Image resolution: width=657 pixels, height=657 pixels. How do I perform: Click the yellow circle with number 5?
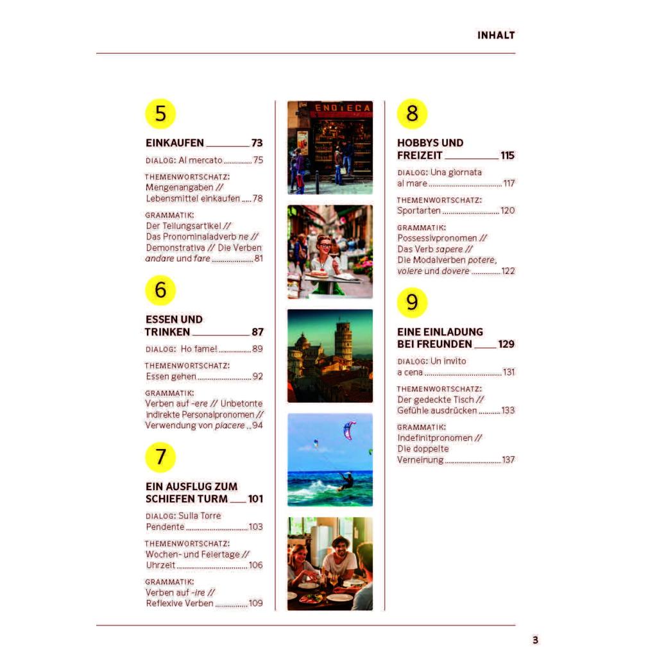pos(160,114)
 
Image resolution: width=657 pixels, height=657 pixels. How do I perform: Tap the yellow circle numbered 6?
pos(160,290)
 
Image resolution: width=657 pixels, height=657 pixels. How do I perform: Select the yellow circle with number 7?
pos(160,457)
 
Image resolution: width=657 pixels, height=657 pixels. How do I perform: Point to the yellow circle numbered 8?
pos(412,114)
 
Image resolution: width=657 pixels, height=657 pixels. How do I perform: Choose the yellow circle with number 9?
pos(412,302)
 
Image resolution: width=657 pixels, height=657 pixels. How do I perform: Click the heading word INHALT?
pos(496,35)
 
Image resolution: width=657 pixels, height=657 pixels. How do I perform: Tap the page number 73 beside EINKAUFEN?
pos(257,143)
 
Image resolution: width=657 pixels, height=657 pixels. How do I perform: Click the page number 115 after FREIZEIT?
pos(507,155)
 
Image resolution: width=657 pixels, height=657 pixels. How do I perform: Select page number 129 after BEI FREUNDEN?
pos(506,344)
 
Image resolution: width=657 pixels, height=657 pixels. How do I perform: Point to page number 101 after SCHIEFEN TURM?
pos(255,499)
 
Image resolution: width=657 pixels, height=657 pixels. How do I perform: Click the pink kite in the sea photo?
pos(349,429)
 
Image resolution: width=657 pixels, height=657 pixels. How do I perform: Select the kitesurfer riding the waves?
pos(346,480)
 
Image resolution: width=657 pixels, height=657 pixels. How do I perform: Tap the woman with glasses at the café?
pos(325,255)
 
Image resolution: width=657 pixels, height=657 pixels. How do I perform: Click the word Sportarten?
pos(418,210)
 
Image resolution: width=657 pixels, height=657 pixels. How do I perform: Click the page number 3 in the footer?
pos(535,640)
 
